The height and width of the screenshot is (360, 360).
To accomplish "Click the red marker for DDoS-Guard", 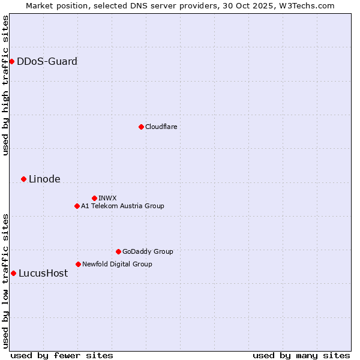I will coord(11,61).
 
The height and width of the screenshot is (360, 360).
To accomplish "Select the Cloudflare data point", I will coord(141,127).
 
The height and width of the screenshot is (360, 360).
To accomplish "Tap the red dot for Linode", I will coord(23,179).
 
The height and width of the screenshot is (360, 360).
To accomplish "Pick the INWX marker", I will coord(94,198).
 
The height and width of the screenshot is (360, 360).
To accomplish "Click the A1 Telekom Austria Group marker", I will coord(77,206).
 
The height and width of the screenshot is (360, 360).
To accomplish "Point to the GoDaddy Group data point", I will coord(118,251).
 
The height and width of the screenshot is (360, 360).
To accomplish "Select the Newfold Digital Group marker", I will coord(78,264).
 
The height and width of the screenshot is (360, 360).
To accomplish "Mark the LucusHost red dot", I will coord(13,273).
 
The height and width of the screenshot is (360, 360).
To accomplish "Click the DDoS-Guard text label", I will coord(47,61).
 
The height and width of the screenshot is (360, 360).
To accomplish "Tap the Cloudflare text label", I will coord(161,127).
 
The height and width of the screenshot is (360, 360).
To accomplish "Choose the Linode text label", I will coord(44,179).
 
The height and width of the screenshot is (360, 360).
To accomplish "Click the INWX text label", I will coord(107,198).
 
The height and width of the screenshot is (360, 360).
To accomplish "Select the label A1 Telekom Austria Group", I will coord(122,206).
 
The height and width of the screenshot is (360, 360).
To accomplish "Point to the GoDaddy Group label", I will coord(148,251).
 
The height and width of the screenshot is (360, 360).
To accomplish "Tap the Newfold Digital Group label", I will coord(117,264).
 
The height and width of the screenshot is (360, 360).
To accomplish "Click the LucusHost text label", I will coord(43,273).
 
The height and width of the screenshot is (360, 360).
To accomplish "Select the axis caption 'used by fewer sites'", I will coord(62,355).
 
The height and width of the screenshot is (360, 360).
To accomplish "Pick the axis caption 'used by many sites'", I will coord(301,355).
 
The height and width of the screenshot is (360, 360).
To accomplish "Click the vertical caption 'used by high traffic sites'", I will coord(5,85).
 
